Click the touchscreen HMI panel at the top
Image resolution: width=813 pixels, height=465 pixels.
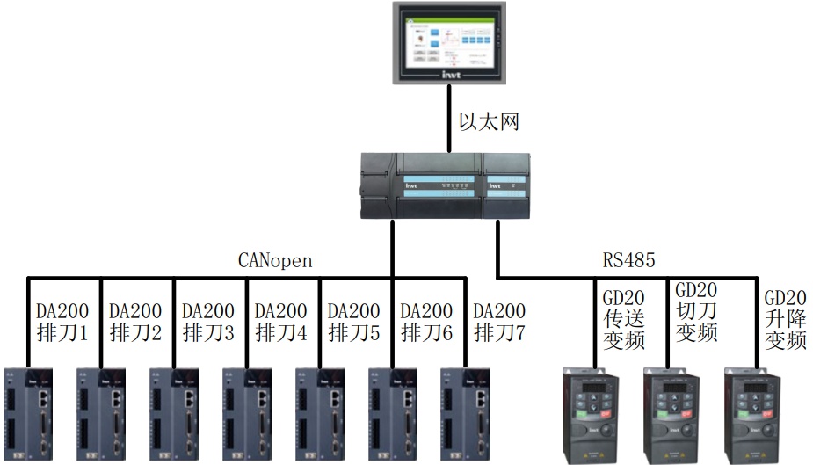click(449, 42)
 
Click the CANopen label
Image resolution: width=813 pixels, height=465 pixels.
click(275, 261)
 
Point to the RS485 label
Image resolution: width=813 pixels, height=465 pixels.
click(628, 261)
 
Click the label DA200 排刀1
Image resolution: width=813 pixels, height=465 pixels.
click(62, 322)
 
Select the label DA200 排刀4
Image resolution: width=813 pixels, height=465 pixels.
click(280, 322)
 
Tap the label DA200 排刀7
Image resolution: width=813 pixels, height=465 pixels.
click(499, 322)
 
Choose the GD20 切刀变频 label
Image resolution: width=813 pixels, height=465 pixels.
click(695, 311)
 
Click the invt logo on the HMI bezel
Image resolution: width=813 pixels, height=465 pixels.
click(449, 76)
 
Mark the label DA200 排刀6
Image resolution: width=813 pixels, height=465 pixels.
click(426, 322)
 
